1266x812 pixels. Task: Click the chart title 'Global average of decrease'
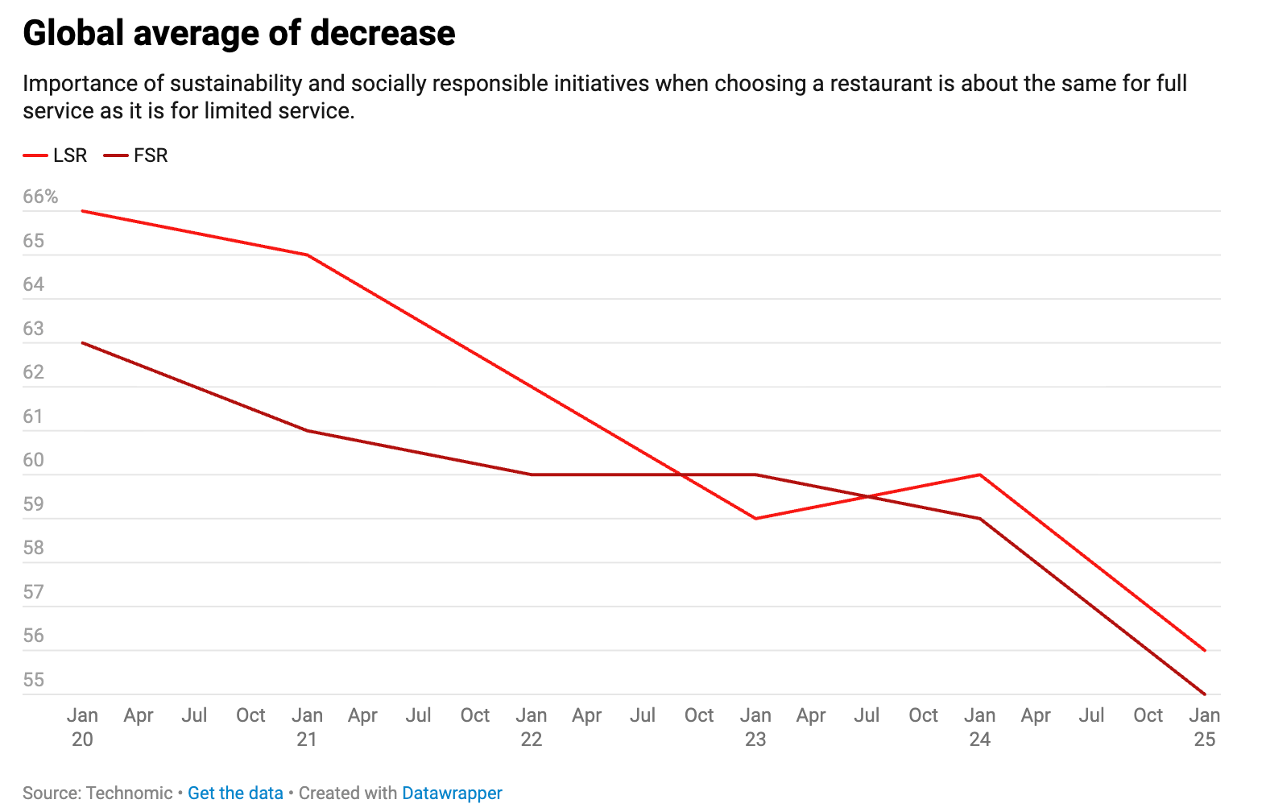239,34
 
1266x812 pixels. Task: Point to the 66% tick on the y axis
40,197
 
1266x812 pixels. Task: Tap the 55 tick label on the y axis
34,679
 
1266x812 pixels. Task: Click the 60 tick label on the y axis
34,460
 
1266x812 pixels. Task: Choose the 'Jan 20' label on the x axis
82,727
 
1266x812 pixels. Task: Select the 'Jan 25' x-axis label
1204,727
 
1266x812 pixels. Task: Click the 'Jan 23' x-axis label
755,727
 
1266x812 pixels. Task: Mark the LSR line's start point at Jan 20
83,211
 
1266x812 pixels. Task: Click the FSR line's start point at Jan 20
83,343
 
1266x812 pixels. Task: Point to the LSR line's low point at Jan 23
755,519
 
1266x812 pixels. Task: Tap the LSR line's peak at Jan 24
980,474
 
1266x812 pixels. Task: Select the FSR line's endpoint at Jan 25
1205,694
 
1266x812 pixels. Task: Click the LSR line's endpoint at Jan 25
1205,650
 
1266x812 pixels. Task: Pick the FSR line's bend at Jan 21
307,430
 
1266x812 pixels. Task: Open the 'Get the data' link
235,793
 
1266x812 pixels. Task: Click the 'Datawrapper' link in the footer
452,793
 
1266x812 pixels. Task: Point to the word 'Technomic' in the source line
129,793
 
